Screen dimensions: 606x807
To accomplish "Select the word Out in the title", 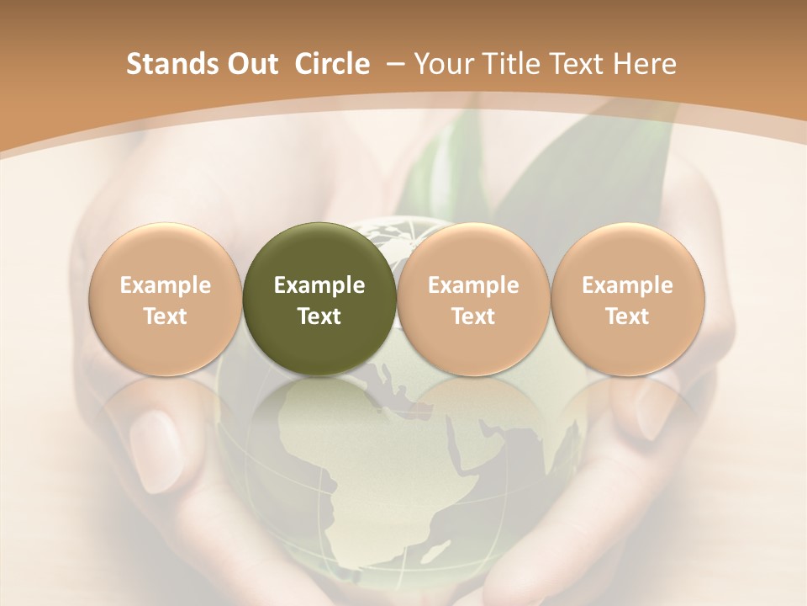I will coord(250,64).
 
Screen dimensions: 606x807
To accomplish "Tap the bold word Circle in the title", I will coord(332,64).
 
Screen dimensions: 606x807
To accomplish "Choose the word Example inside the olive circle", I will coord(319,285).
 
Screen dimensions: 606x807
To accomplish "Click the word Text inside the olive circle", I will coord(319,316).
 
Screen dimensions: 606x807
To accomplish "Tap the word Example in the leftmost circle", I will coord(166,285).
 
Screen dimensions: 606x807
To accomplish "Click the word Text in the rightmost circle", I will coord(627,316).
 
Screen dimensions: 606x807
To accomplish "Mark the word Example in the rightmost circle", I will coord(627,285).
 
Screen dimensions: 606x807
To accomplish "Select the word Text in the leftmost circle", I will coord(166,316).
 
